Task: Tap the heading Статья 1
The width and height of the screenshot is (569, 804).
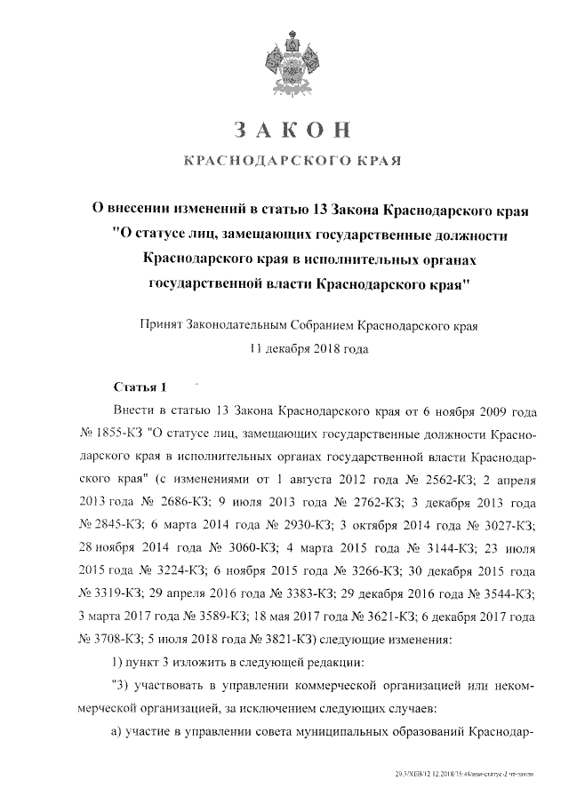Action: coord(141,388)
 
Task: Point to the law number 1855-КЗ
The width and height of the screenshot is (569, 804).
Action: coord(120,434)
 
